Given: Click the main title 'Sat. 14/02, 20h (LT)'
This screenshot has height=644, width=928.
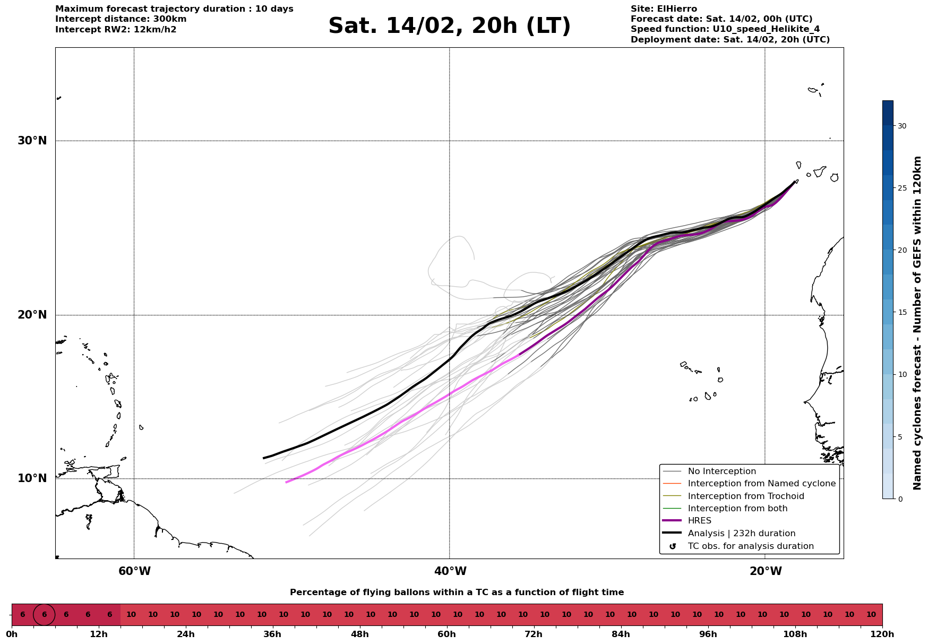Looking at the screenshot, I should point(449,26).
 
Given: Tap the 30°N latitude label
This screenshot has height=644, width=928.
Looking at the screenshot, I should point(32,141).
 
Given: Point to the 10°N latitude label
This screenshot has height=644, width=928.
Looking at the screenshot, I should point(32,478).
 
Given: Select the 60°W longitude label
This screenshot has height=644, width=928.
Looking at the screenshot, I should point(134,571).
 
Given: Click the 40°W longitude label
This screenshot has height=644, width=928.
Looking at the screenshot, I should point(450,571).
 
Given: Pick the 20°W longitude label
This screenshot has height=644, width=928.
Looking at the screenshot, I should point(766,571).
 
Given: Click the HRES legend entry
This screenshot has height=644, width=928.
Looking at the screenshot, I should point(699,521).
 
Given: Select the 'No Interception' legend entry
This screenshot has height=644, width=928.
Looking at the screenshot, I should point(721,471).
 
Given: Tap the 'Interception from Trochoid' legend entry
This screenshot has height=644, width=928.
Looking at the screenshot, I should point(745,496).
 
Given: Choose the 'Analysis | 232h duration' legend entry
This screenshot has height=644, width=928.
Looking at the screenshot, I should point(741,534).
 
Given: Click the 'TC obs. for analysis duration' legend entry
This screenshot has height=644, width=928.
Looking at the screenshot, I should point(750,546).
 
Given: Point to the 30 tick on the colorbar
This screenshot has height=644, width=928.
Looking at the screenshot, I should point(901,126).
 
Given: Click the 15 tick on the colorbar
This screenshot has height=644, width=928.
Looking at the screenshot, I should point(901,312).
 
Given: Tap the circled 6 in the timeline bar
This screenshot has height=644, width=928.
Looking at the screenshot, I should point(44,615).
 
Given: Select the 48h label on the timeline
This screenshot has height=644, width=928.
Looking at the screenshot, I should point(359,634).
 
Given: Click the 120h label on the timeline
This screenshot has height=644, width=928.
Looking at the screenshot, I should point(882,634).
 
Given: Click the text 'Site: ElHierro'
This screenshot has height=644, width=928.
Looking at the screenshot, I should point(664,9).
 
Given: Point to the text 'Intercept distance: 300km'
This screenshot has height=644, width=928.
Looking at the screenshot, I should point(121,19).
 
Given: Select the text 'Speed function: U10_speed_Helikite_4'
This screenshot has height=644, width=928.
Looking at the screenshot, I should point(725,29).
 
